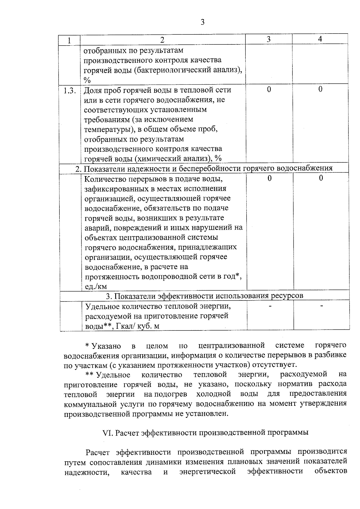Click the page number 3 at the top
(x=202, y=22)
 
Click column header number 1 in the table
(x=69, y=40)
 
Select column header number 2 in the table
(x=162, y=40)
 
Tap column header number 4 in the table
(x=320, y=39)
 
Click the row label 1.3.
(x=70, y=90)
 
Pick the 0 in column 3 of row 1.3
(x=269, y=89)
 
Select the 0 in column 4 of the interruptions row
(x=321, y=178)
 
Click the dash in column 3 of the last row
(x=270, y=306)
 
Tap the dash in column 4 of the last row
(x=322, y=306)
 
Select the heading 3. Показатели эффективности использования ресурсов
(x=205, y=296)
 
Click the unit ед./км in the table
(x=96, y=286)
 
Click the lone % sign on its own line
(x=87, y=80)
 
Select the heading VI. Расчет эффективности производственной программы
(x=205, y=433)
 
